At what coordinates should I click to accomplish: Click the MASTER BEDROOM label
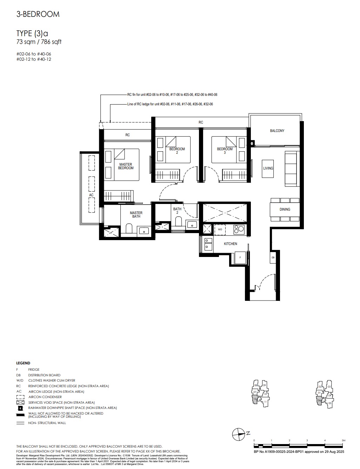pyautogui.click(x=126, y=166)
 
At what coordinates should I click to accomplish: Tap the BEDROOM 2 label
pyautogui.click(x=177, y=151)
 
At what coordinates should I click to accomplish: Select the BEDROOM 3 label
pyautogui.click(x=225, y=151)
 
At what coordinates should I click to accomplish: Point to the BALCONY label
pyautogui.click(x=277, y=131)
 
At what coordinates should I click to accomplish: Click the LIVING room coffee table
pyautogui.click(x=268, y=168)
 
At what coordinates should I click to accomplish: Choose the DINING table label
pyautogui.click(x=285, y=210)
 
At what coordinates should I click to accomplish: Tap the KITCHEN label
pyautogui.click(x=231, y=244)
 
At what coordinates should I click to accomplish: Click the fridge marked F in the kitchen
pyautogui.click(x=240, y=258)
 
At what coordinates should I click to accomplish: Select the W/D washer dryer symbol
pyautogui.click(x=220, y=229)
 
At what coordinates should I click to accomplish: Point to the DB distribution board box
pyautogui.click(x=273, y=258)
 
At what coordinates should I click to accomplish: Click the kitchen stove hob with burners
pyautogui.click(x=239, y=229)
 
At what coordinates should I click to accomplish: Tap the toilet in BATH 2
pyautogui.click(x=178, y=222)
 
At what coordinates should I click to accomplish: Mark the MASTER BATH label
pyautogui.click(x=136, y=214)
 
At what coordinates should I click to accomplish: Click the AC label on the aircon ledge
pyautogui.click(x=91, y=195)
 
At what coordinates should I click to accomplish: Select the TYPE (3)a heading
pyautogui.click(x=32, y=33)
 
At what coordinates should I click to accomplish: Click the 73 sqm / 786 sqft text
pyautogui.click(x=39, y=42)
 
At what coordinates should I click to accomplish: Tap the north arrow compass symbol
pyautogui.click(x=238, y=434)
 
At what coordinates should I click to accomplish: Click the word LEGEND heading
pyautogui.click(x=23, y=363)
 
